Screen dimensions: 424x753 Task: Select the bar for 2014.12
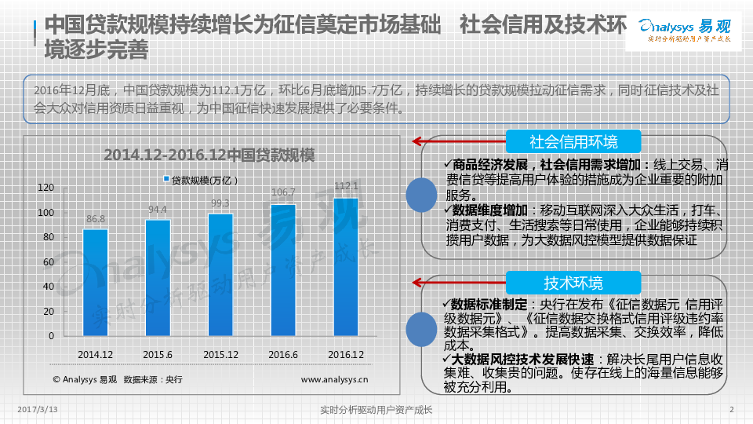95,282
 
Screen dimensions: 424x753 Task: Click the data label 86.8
96,218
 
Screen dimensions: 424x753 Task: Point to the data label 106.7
283,192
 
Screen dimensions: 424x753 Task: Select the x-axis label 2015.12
220,355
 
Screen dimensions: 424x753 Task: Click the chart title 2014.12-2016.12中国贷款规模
209,155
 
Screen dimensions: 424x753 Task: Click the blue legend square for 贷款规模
166,180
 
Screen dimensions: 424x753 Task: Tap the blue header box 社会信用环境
573,142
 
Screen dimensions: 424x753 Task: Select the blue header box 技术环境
573,283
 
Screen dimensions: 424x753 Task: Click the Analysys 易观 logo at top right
682,29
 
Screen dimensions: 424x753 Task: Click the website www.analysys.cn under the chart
336,380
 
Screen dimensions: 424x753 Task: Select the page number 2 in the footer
731,410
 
